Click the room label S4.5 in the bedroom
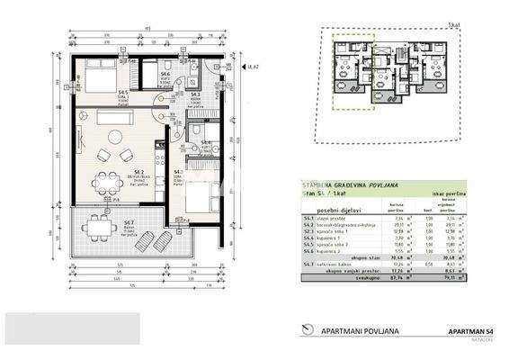click(121, 93)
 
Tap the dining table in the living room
click(107, 177)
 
